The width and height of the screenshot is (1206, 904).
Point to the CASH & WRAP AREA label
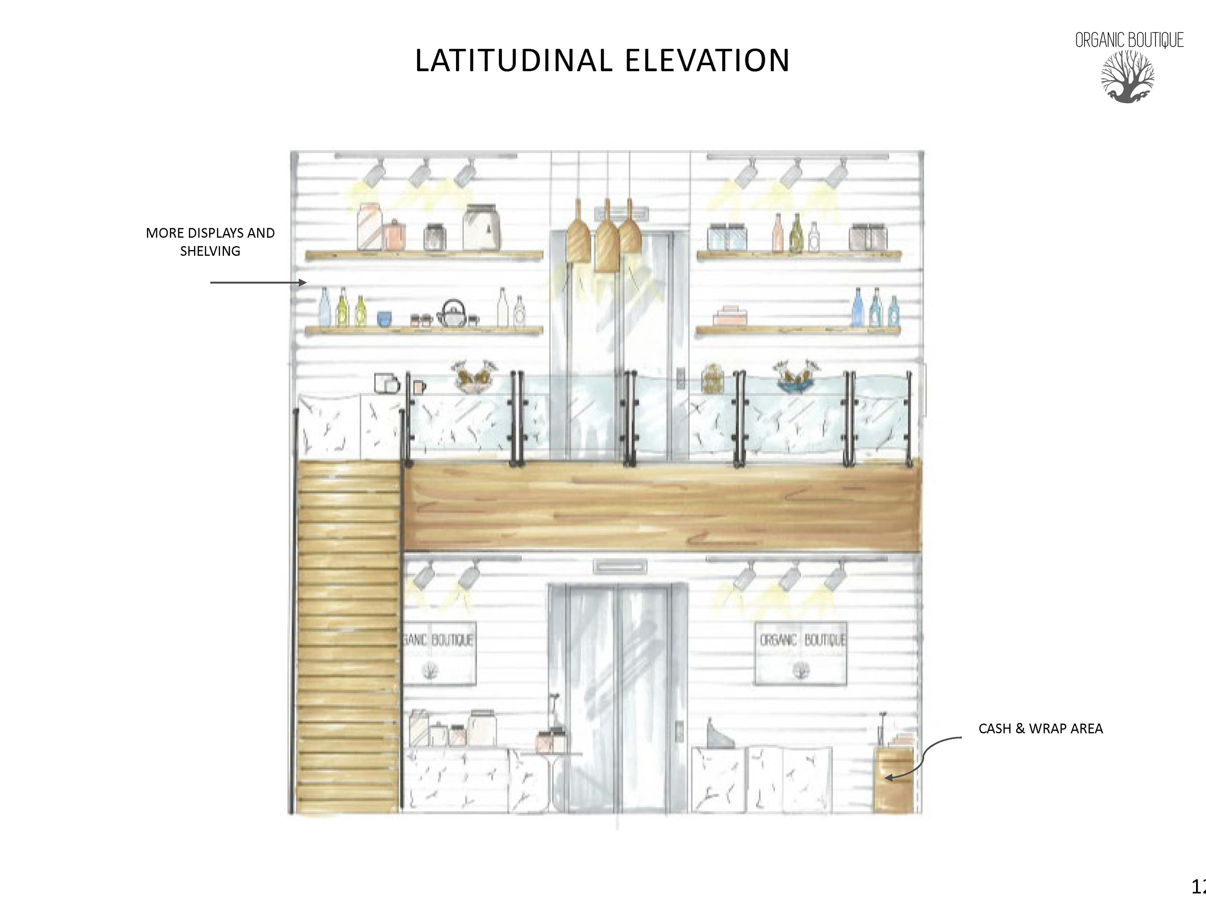1040,729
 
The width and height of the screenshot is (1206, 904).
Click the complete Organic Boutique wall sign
800,653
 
